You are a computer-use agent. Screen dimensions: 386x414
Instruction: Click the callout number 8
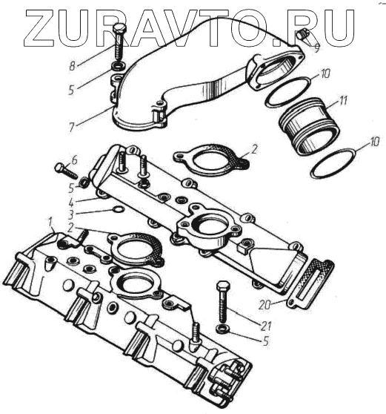pos(73,66)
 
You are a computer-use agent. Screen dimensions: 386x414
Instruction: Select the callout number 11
pos(343,101)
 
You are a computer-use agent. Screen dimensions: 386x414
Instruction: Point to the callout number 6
pos(74,160)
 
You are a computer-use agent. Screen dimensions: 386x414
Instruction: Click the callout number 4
pos(71,203)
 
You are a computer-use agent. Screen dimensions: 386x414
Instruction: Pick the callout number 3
pos(70,214)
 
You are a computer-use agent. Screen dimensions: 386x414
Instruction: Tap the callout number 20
pos(264,305)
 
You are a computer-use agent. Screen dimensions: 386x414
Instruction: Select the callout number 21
pos(266,326)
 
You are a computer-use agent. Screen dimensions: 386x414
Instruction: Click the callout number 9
pos(316,48)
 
